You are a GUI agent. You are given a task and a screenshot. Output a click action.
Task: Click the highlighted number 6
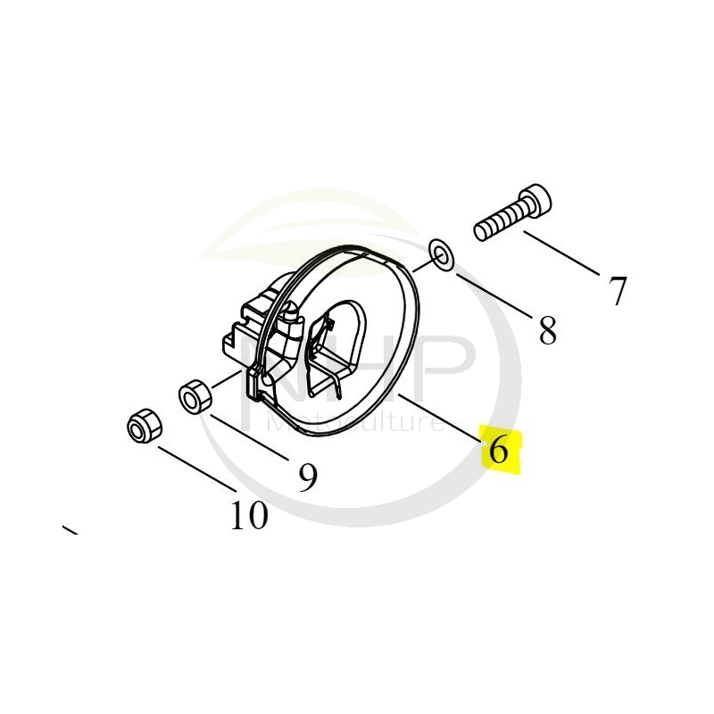tap(500, 449)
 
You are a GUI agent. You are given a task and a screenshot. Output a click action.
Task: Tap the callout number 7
tap(618, 290)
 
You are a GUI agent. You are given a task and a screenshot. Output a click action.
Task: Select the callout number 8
tap(547, 332)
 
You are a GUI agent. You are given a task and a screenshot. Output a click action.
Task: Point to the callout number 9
tap(307, 479)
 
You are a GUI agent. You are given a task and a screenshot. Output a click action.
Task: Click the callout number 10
tap(249, 515)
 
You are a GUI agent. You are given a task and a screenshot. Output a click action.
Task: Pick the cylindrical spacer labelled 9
tap(195, 395)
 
